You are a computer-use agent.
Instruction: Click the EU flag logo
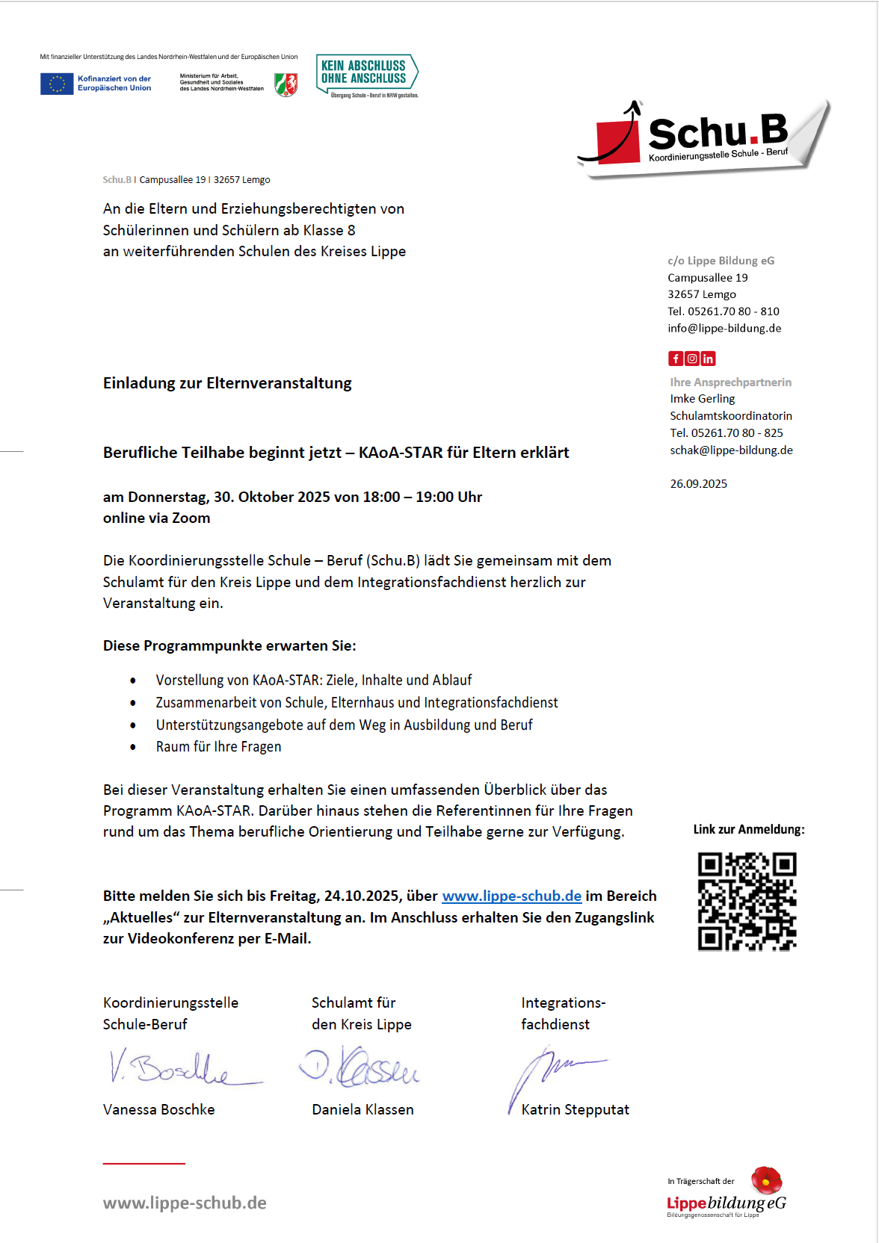[x=57, y=84]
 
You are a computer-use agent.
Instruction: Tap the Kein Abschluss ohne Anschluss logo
[x=366, y=75]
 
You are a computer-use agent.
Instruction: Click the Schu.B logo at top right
[x=706, y=137]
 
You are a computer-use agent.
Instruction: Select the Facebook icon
[x=676, y=359]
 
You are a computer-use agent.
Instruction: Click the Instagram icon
[x=692, y=359]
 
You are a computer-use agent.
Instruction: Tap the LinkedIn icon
[x=708, y=359]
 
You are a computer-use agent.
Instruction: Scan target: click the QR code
[x=747, y=901]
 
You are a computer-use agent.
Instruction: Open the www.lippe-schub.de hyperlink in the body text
[x=511, y=896]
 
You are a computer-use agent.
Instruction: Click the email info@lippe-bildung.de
[x=724, y=328]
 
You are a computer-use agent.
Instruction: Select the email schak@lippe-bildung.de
[x=731, y=450]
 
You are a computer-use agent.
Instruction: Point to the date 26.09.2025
[x=698, y=483]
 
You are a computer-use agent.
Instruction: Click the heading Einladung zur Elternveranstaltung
[x=227, y=383]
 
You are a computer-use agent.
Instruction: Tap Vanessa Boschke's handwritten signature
[x=179, y=1067]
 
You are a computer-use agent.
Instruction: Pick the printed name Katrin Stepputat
[x=575, y=1109]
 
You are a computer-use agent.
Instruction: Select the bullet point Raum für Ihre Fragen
[x=218, y=746]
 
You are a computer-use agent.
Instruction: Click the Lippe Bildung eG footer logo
[x=727, y=1194]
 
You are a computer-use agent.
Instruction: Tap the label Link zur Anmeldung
[x=748, y=829]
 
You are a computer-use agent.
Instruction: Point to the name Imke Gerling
[x=702, y=399]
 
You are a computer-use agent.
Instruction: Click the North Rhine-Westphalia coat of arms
[x=286, y=84]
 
